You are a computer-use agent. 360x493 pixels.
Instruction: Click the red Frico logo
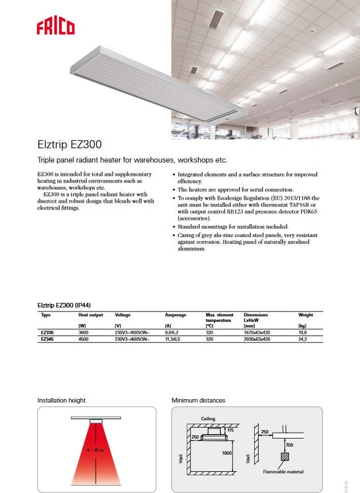tap(56, 26)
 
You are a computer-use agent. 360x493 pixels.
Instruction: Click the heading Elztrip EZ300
tap(70, 145)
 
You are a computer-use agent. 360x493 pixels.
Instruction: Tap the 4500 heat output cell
tap(84, 339)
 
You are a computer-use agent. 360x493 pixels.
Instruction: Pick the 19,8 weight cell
tap(303, 332)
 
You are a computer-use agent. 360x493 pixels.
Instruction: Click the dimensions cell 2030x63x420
tap(258, 339)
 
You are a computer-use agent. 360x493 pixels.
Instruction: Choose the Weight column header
tap(306, 315)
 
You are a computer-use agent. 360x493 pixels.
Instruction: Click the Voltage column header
tap(123, 315)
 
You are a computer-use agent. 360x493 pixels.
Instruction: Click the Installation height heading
tap(61, 400)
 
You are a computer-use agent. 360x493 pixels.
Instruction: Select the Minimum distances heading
tap(199, 400)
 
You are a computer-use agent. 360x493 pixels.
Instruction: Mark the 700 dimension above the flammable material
tap(290, 444)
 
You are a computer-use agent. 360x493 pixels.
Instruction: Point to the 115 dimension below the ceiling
tap(231, 430)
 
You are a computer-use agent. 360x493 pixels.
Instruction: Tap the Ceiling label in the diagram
tap(208, 419)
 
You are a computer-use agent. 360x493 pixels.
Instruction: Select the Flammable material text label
tap(283, 472)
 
